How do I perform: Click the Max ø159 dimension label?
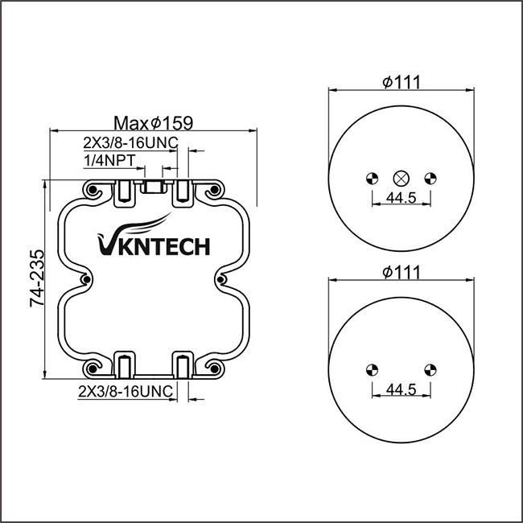click(153, 123)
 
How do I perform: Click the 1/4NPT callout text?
click(109, 160)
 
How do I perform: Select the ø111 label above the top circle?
click(402, 82)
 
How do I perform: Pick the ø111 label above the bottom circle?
click(402, 272)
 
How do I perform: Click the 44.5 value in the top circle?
click(399, 198)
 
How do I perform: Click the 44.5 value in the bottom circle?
click(399, 389)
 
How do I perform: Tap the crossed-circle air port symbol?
click(400, 178)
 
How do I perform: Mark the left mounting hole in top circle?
click(371, 178)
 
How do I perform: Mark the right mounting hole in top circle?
click(428, 178)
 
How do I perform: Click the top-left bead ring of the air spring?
click(93, 191)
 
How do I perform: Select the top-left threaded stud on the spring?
click(125, 191)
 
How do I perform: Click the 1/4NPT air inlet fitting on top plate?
click(153, 188)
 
